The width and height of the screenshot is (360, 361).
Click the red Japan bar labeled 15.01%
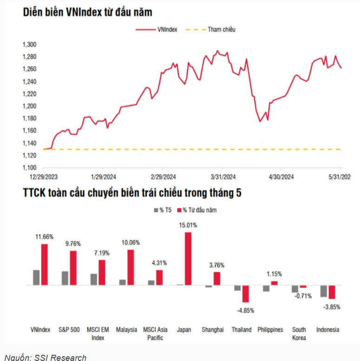click(x=188, y=258)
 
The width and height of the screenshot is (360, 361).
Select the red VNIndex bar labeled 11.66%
click(x=45, y=264)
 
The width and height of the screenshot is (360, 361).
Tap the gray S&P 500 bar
click(x=65, y=278)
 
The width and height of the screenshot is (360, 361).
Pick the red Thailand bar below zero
click(x=246, y=294)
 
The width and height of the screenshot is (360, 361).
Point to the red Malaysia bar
click(x=131, y=267)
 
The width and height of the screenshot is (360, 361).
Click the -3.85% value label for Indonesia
click(x=331, y=307)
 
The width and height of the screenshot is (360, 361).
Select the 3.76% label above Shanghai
click(x=216, y=265)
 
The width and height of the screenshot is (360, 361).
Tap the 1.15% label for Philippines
click(x=274, y=274)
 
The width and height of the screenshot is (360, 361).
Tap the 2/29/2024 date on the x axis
click(x=163, y=177)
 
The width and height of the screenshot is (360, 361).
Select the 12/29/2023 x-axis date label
click(x=44, y=177)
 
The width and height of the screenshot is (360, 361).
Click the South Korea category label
click(x=299, y=334)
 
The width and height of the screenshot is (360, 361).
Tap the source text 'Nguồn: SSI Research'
click(x=45, y=357)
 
